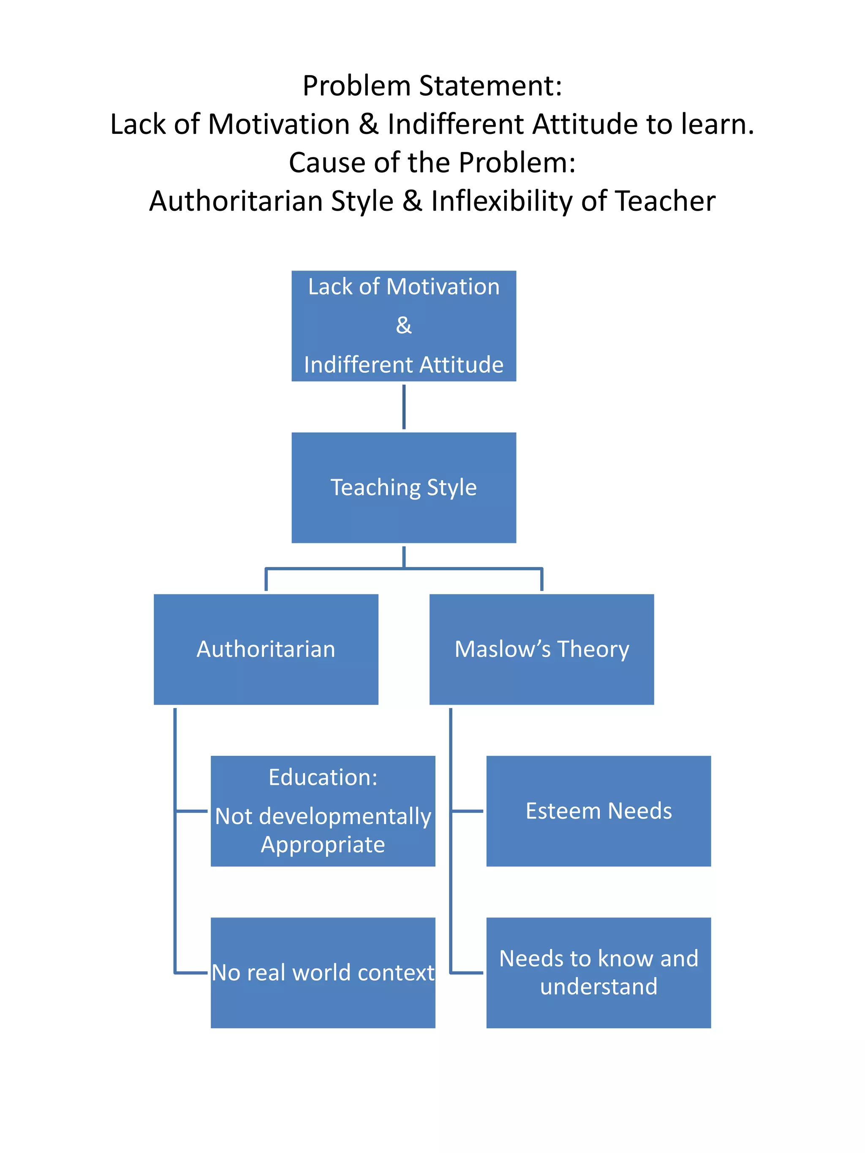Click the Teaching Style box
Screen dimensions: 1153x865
click(403, 487)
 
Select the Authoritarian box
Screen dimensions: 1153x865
click(266, 649)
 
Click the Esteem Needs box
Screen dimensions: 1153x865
click(598, 811)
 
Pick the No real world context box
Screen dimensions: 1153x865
click(323, 973)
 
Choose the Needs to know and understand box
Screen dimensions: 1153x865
click(598, 973)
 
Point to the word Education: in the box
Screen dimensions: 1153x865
click(323, 778)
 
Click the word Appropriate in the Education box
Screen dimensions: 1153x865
click(323, 845)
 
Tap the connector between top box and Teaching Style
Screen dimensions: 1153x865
click(403, 407)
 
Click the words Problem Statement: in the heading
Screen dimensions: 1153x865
click(432, 86)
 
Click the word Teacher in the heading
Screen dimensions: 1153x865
click(665, 201)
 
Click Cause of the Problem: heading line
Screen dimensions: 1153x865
click(432, 163)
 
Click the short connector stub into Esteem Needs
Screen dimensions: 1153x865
click(467, 811)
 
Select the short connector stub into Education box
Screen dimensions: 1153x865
click(192, 811)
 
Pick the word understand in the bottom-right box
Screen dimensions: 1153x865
click(598, 987)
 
